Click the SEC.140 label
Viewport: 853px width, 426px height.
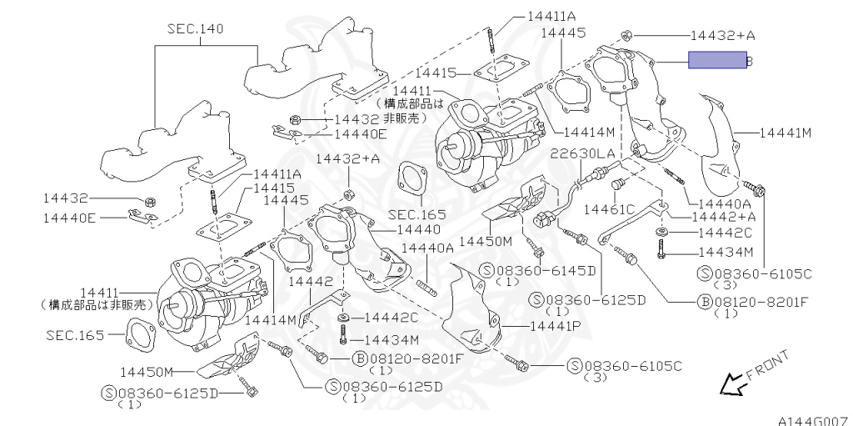[196, 29]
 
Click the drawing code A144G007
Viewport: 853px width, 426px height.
[814, 420]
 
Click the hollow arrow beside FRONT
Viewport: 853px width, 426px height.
[731, 384]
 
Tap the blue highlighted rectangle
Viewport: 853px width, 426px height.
[716, 60]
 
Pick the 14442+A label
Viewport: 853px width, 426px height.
[724, 217]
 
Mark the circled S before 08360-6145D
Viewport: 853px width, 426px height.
[488, 271]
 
